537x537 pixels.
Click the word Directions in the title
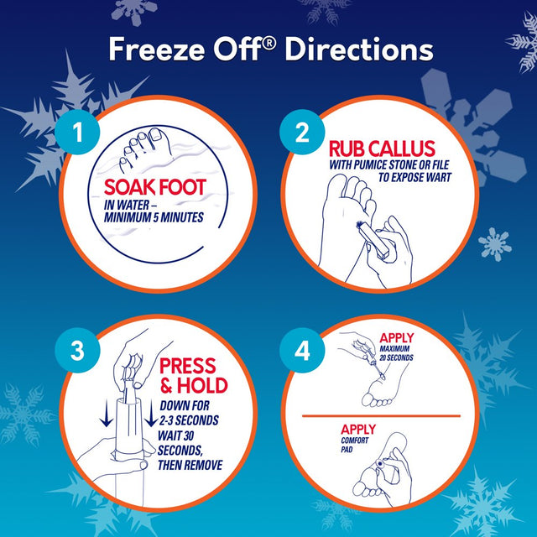point(359,50)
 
